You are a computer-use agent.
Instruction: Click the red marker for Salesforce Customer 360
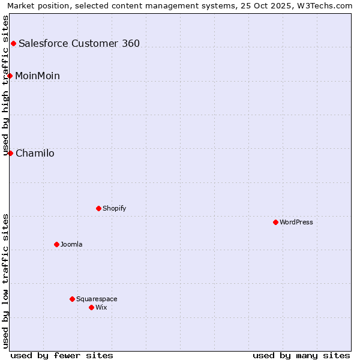click(x=13, y=43)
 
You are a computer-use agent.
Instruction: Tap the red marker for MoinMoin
click(x=10, y=76)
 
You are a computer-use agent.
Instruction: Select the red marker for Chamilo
click(x=10, y=153)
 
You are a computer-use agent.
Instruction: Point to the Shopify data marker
click(x=98, y=208)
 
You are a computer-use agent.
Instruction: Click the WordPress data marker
click(x=275, y=222)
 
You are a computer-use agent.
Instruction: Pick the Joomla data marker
click(x=56, y=244)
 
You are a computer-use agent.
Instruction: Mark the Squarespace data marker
click(x=72, y=299)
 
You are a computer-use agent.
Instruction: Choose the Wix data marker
click(x=91, y=307)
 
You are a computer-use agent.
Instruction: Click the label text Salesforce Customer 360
click(x=79, y=43)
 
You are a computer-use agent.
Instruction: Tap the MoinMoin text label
click(x=37, y=76)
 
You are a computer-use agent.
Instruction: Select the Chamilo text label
click(x=35, y=153)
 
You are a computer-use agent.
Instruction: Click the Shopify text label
click(x=114, y=208)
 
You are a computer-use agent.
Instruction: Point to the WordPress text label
click(x=296, y=222)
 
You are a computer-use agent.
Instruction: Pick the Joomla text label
click(x=71, y=244)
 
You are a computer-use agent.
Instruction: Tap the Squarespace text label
click(x=97, y=299)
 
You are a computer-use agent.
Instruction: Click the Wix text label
click(x=101, y=307)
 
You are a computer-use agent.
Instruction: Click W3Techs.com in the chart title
click(x=327, y=6)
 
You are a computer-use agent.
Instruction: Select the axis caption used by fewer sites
click(x=62, y=355)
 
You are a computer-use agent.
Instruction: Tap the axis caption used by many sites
click(x=301, y=355)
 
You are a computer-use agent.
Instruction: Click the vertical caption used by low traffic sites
click(x=6, y=281)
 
